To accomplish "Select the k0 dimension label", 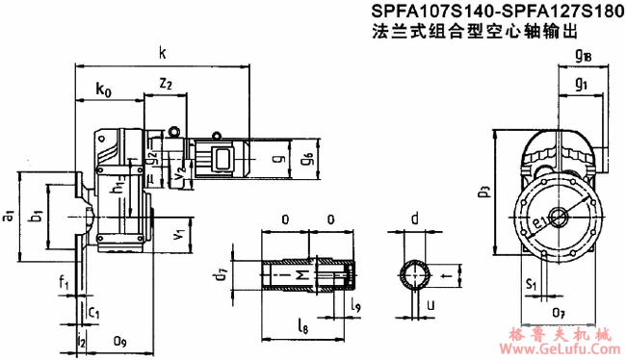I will (104, 91).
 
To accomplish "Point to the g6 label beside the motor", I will (307, 156).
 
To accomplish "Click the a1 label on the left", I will (9, 217).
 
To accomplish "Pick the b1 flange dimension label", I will (35, 216).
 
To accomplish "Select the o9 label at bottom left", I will (119, 339).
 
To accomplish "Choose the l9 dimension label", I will (356, 305).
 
